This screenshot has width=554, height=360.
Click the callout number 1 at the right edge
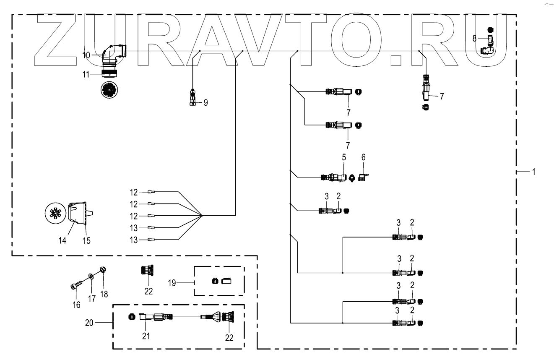point(533,172)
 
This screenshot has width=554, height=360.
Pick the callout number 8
point(474,38)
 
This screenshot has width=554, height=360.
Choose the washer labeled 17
point(91,277)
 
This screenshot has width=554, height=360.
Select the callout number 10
point(86,55)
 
